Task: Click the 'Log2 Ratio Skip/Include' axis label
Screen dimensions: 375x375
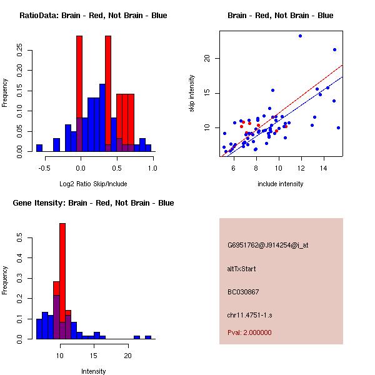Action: (93, 184)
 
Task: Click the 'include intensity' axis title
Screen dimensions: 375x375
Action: (281, 184)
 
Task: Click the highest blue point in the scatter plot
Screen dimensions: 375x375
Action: (300, 36)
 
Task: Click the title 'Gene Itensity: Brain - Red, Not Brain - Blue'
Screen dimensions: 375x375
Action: (93, 203)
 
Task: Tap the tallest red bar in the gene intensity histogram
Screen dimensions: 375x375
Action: (62, 281)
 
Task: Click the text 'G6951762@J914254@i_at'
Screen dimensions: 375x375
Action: (268, 245)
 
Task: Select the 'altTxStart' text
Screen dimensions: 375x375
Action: (242, 269)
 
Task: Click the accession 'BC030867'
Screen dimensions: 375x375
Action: (243, 292)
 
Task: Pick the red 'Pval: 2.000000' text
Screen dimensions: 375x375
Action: (249, 332)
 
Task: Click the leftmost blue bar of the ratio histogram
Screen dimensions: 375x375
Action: (39, 148)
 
